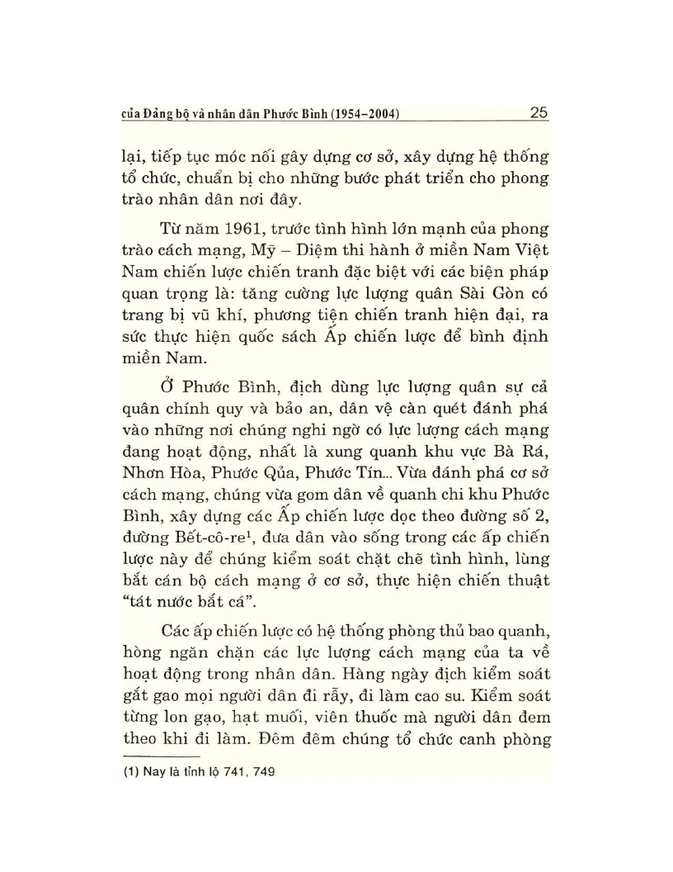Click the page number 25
pyautogui.click(x=539, y=113)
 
